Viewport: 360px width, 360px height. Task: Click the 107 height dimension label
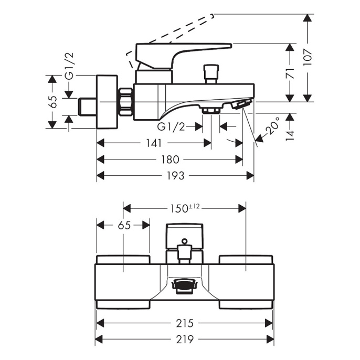click(308, 57)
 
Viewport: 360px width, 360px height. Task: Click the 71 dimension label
click(290, 73)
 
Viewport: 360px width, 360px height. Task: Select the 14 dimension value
click(290, 135)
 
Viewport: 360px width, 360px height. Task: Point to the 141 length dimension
click(154, 143)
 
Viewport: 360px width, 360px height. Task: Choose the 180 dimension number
click(170, 160)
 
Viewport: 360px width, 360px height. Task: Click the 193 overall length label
click(176, 176)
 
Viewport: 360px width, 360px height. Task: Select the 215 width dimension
click(185, 323)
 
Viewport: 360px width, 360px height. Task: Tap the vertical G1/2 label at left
click(69, 66)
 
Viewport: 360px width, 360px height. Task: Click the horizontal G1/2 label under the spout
click(171, 126)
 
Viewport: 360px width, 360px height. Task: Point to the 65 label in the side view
click(53, 102)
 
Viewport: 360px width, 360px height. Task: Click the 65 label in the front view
click(124, 226)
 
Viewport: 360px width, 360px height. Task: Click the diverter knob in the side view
click(211, 74)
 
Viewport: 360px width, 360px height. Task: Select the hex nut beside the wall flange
click(126, 102)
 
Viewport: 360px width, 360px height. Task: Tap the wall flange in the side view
click(107, 101)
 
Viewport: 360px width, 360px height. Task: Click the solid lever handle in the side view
click(184, 55)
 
